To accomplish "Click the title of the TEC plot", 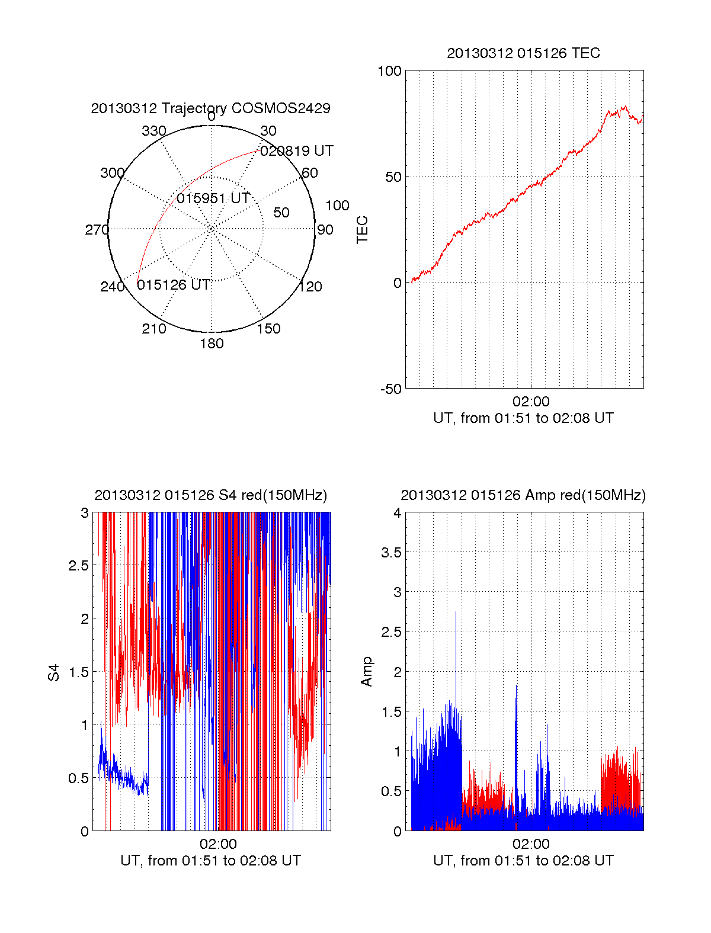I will [523, 53].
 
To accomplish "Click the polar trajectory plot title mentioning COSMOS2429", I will [210, 108].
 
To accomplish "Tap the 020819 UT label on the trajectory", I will [297, 151].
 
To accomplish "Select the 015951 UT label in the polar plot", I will [213, 198].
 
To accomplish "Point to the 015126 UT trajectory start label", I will [174, 285].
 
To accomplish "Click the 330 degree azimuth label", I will [153, 131].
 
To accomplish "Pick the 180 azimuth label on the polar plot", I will [212, 344].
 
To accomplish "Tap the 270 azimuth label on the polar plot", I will [97, 230].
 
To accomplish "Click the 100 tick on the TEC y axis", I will [389, 71].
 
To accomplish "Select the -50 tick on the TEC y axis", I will [391, 389].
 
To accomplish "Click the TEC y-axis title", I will [363, 230].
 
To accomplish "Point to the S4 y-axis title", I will [54, 672].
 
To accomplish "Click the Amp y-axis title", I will [367, 672].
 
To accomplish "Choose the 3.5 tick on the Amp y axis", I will [392, 553].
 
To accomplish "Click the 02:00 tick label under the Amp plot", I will [531, 844].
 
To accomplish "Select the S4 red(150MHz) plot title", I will [210, 495].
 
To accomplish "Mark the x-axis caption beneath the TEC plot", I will [523, 418].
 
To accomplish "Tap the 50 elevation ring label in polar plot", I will [281, 213].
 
